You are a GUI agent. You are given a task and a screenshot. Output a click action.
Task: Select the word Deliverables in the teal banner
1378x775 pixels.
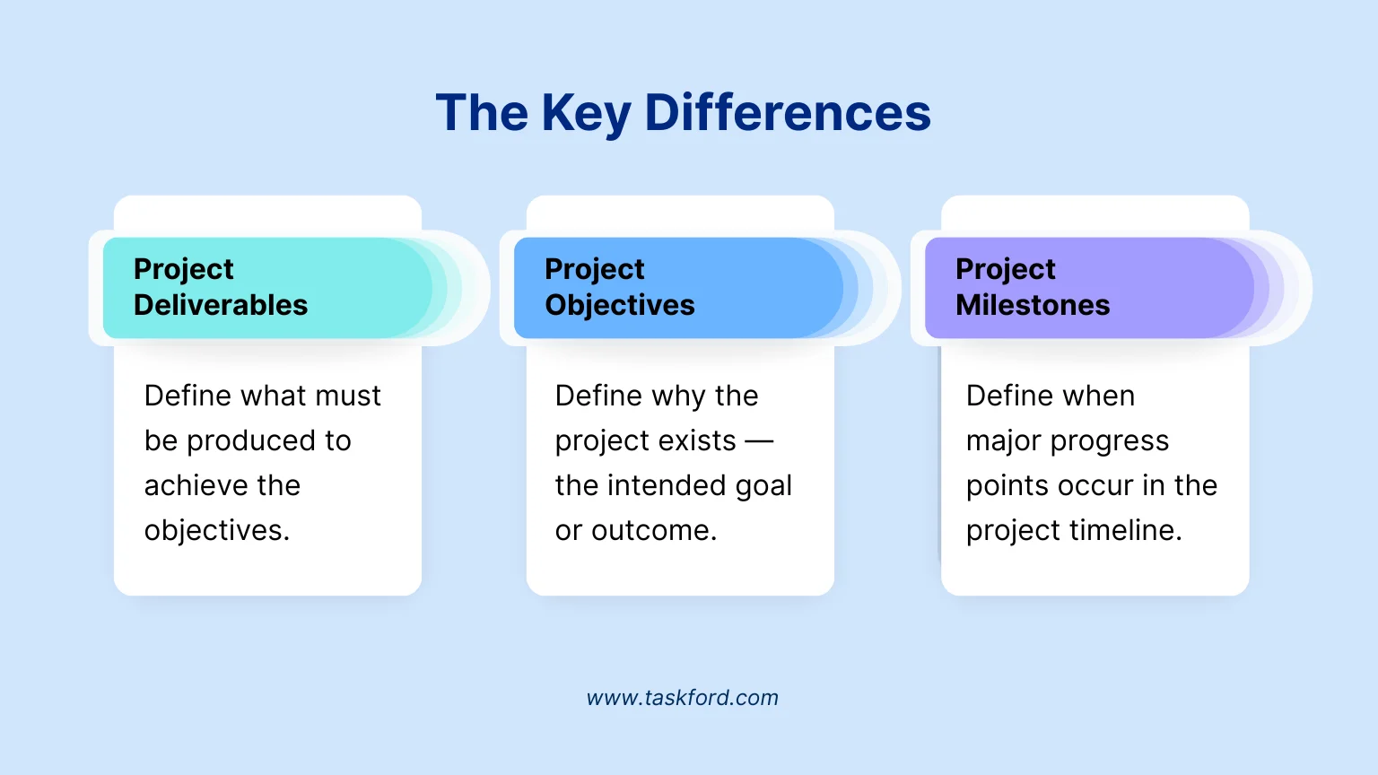coord(221,305)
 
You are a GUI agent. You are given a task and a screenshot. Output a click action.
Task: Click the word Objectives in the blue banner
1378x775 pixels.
coord(620,305)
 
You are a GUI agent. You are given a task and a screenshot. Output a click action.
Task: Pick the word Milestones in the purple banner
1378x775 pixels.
coord(1033,305)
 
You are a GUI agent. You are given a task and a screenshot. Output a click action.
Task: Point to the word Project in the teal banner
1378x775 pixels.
coord(183,269)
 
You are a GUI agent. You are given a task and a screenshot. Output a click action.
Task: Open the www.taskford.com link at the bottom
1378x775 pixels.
coord(682,698)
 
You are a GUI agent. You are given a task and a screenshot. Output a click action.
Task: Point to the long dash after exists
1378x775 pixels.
coord(759,441)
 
